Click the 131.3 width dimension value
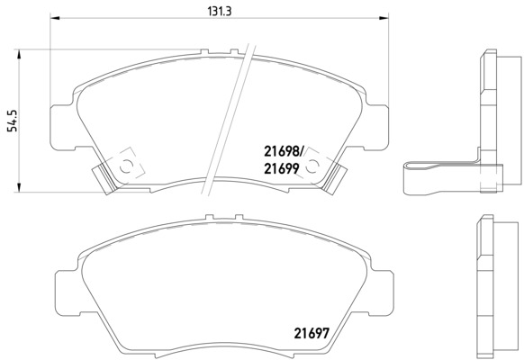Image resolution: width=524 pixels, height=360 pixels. coord(220,12)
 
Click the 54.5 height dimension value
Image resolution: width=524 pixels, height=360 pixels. coord(13,121)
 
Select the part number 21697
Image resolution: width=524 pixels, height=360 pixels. coord(312,333)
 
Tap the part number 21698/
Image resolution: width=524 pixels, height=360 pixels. coord(283,152)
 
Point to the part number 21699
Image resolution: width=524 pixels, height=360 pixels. coord(282,169)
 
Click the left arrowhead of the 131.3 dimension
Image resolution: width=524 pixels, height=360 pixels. coord(55,18)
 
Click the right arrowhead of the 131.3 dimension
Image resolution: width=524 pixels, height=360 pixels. coord(384,18)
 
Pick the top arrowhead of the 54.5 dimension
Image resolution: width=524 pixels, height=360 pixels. coord(19,55)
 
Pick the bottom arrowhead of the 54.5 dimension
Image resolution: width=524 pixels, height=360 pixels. coord(19,187)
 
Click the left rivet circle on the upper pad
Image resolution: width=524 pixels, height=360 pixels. coord(126,166)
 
